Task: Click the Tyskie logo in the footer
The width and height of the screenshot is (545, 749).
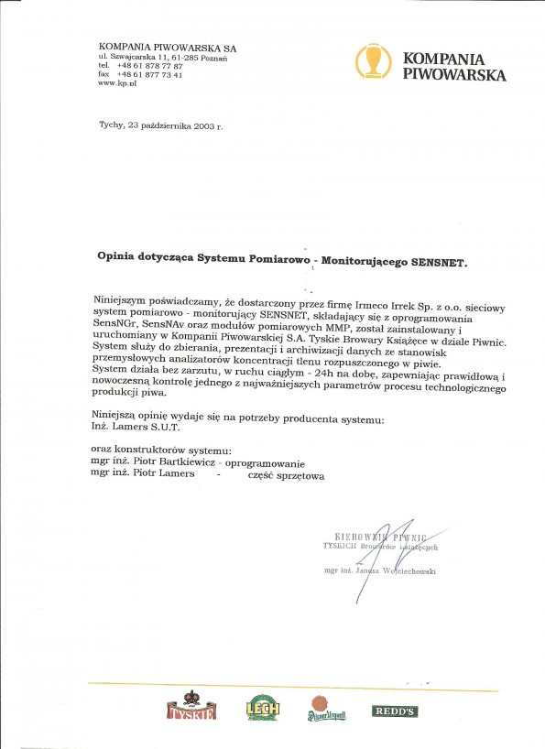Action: (x=188, y=708)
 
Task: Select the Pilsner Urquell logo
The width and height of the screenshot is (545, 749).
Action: (x=327, y=707)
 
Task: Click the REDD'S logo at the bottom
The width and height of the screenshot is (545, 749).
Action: (x=395, y=711)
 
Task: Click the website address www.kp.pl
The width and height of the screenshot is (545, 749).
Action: (x=117, y=82)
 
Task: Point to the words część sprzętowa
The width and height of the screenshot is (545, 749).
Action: (x=286, y=476)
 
